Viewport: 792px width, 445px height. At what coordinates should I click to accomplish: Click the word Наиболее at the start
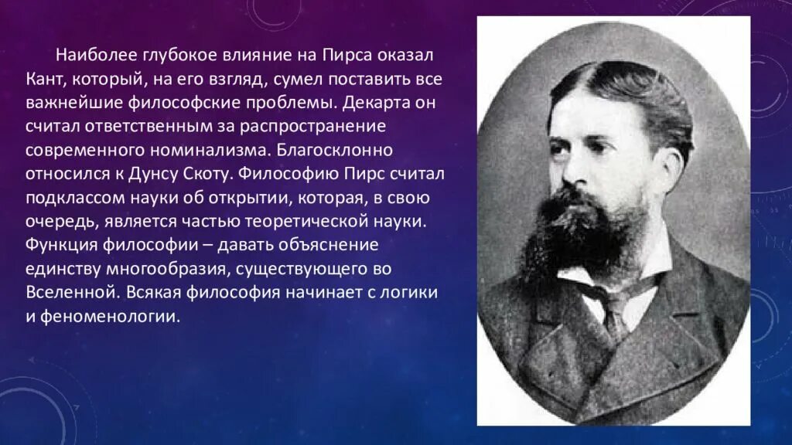tap(94, 56)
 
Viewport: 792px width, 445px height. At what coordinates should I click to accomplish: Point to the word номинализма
tap(239, 148)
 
